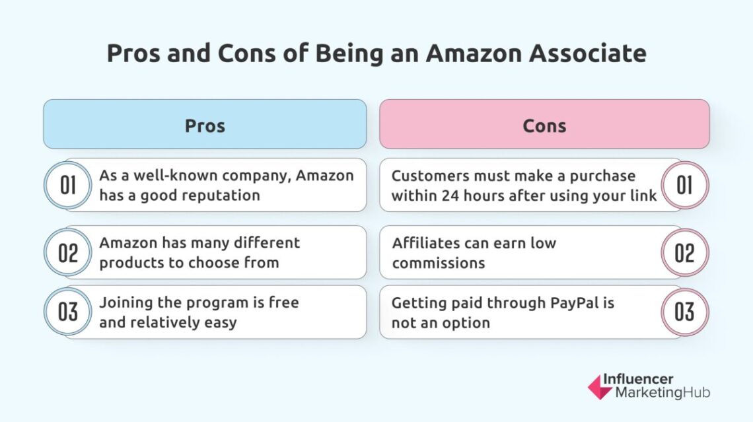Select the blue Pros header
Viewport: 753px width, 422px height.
[205, 125]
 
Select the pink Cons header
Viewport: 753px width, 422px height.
[544, 125]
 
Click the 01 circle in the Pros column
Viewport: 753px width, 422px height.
[68, 186]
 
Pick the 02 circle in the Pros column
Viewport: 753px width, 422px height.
[68, 252]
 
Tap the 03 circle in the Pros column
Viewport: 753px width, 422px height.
[68, 312]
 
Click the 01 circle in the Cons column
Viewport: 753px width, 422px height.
[684, 186]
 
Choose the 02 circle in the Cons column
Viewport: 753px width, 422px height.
[684, 252]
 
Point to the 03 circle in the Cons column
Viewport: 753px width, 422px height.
[684, 312]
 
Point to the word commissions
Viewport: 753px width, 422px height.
[438, 262]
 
